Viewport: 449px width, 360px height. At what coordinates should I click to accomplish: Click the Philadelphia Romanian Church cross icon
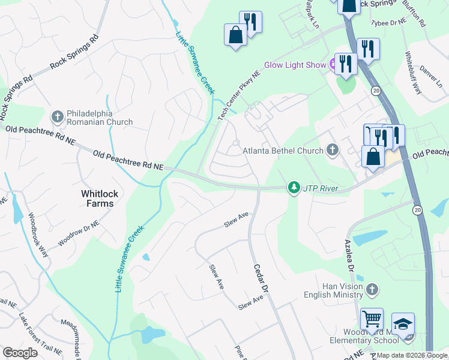point(58,116)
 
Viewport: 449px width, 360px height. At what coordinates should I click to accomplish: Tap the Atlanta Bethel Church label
point(283,151)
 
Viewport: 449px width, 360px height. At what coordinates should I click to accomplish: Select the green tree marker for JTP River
point(294,188)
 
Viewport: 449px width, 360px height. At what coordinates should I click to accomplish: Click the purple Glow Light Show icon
point(330,65)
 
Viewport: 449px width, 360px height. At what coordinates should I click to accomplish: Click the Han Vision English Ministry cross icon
point(372,291)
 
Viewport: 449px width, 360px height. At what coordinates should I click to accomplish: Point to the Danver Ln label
point(430,77)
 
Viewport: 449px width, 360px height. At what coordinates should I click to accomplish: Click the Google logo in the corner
point(20,353)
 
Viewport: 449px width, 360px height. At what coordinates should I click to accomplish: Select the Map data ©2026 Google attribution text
point(412,355)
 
